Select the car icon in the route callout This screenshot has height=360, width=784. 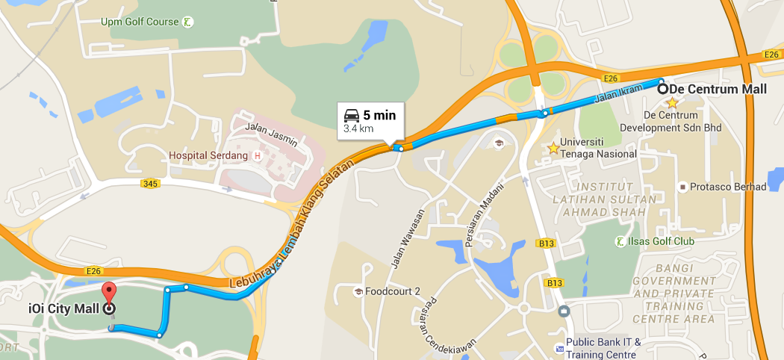click(351, 115)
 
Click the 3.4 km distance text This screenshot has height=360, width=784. click(358, 128)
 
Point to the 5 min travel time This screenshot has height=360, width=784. click(379, 115)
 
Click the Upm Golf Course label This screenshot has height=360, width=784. click(140, 22)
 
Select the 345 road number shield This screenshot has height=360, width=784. click(150, 183)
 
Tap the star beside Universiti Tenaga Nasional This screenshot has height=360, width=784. click(553, 148)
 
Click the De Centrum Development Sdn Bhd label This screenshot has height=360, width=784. click(682, 122)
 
